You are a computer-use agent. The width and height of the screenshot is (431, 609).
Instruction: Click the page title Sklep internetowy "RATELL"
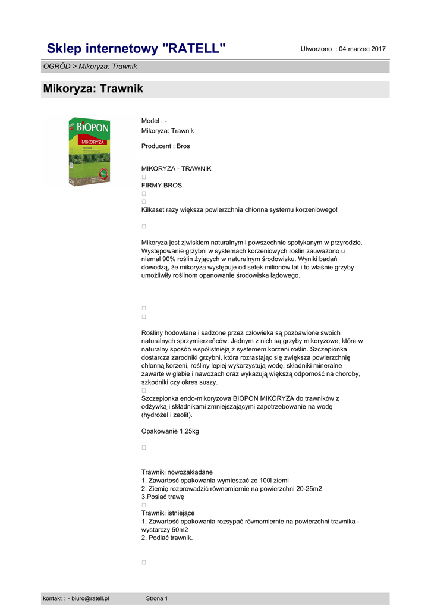point(136,48)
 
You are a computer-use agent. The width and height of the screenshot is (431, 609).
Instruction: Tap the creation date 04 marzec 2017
point(363,49)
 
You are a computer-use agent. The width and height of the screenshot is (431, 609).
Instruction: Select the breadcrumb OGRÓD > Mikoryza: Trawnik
point(90,66)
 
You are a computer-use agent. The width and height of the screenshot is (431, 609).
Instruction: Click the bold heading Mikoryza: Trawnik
point(93,89)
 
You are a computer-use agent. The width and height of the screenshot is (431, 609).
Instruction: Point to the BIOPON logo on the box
point(90,128)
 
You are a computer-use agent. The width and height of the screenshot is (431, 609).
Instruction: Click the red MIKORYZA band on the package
point(89,143)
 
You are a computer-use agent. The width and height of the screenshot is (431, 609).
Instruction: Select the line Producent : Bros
point(165,146)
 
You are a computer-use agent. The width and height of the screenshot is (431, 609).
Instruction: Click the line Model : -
point(154,121)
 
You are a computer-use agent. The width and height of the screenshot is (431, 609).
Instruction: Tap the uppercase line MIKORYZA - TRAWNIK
point(176,169)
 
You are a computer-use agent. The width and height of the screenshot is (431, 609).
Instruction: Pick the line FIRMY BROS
point(162,186)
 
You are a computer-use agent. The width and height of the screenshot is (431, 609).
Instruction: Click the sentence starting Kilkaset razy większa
point(239,209)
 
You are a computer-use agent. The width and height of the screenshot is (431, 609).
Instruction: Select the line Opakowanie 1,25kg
point(170,431)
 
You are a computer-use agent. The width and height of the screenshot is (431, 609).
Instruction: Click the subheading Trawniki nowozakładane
point(177,472)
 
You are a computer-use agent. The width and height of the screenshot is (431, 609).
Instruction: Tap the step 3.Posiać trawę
point(163,497)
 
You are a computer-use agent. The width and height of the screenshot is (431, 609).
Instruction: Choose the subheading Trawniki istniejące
point(168,513)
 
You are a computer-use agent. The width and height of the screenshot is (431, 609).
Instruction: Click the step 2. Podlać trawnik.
point(167,538)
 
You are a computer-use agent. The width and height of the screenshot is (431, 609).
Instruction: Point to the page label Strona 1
point(157,598)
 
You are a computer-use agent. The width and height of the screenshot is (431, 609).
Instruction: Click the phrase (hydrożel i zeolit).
point(167,415)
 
